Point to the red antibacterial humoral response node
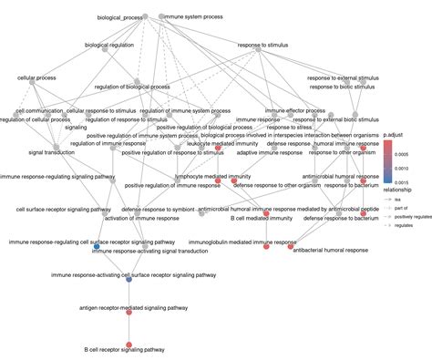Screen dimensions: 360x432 291,246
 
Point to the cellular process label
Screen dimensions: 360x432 37,78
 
